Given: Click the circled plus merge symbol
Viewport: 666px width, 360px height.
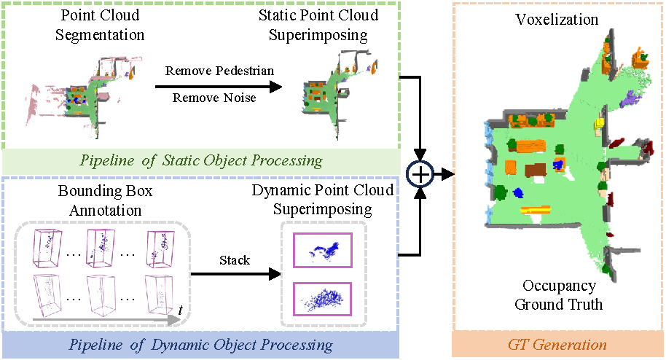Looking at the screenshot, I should [x=423, y=174].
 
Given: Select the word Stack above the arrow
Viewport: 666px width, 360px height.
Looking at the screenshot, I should [x=235, y=259].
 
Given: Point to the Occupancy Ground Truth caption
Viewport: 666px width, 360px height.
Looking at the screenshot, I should [x=559, y=295].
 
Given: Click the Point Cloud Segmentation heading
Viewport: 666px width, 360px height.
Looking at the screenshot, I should [x=100, y=25].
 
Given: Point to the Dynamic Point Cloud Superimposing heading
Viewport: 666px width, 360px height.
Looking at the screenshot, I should [x=323, y=200].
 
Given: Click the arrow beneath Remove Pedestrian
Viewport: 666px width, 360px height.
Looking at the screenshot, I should [x=219, y=85].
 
